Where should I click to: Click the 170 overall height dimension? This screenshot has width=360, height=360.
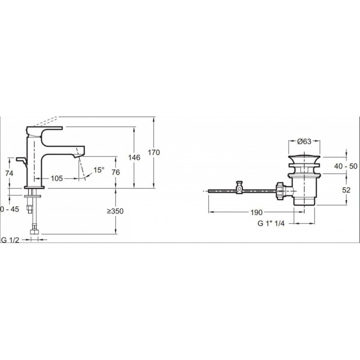tap(154, 152)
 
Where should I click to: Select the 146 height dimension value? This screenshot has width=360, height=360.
tap(134, 157)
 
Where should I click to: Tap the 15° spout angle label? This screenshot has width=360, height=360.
tap(99, 170)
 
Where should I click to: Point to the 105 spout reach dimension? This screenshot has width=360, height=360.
tap(57, 178)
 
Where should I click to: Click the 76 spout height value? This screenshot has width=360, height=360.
tap(116, 172)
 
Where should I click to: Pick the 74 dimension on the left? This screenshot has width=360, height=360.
tap(9, 173)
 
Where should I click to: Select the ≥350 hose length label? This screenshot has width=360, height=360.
tap(115, 211)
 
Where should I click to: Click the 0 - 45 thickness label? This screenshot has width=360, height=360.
tap(9, 209)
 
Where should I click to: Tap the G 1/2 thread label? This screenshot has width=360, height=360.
tap(10, 240)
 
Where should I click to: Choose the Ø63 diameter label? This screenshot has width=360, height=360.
tap(304, 142)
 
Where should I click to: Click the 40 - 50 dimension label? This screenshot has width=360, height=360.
tap(346, 166)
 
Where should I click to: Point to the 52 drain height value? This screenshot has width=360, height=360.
tap(346, 190)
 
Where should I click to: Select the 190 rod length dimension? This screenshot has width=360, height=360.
tap(256, 212)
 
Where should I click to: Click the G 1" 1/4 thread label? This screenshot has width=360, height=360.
tap(271, 223)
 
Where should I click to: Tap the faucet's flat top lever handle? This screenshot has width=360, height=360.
tap(45, 128)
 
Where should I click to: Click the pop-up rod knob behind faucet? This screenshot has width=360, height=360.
tap(22, 160)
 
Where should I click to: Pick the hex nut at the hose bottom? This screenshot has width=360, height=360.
tap(35, 231)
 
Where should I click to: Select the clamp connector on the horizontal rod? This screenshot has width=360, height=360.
tap(239, 187)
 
